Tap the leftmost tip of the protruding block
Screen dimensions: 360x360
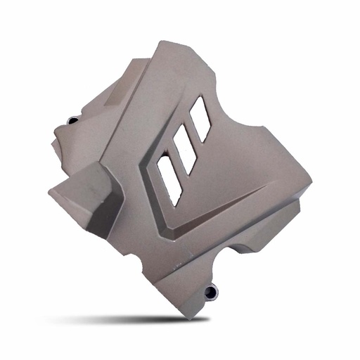(x=51, y=191)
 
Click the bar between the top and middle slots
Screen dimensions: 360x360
(x=192, y=134)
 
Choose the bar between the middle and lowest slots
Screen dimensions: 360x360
(x=176, y=164)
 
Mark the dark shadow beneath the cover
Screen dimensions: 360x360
(x=141, y=320)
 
